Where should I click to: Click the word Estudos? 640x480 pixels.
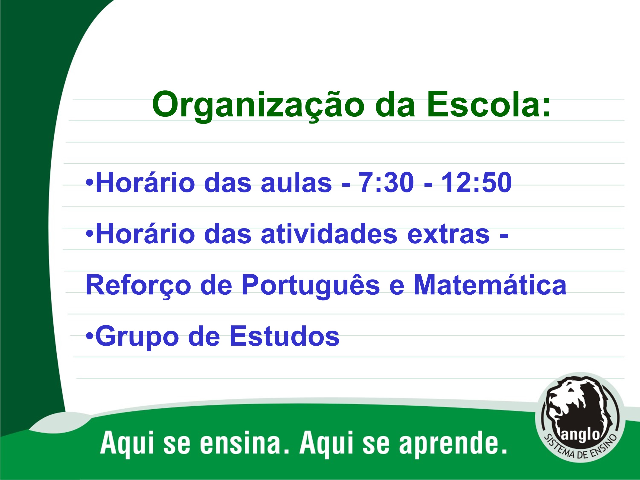pyautogui.click(x=284, y=336)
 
